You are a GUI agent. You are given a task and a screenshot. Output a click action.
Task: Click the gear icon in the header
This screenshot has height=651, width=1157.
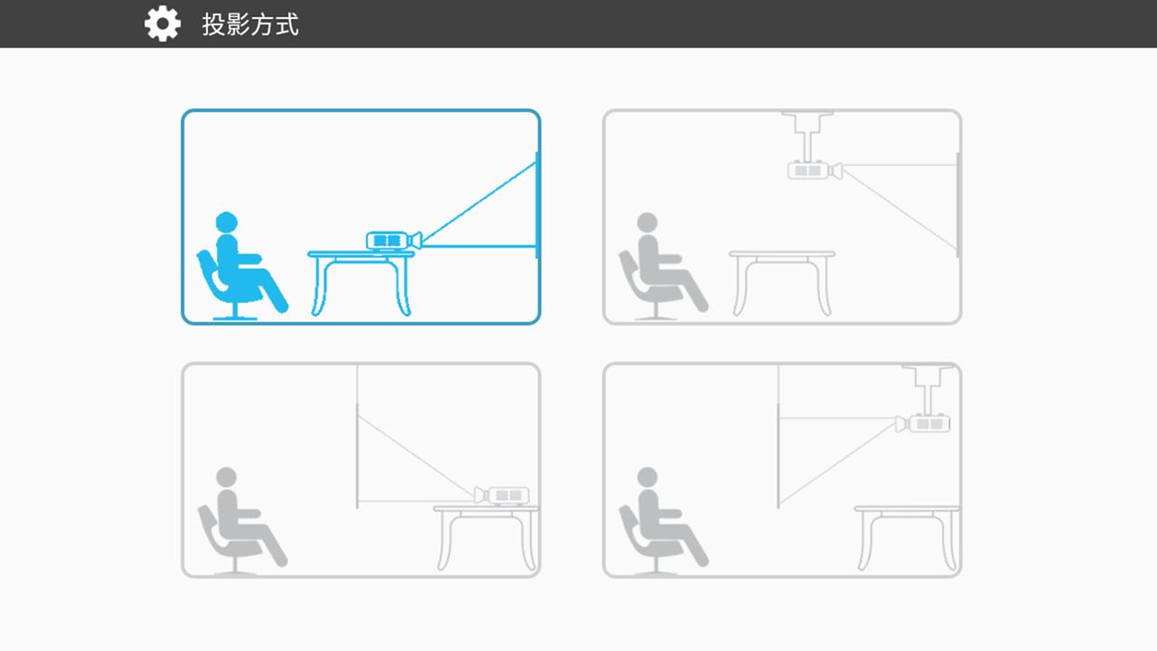(x=162, y=24)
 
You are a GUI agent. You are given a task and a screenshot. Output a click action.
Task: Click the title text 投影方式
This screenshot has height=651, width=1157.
(x=250, y=24)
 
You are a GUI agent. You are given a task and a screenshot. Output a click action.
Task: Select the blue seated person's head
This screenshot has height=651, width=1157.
(x=226, y=222)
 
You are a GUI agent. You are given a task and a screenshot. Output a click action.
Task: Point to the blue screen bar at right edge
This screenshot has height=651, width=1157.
(x=537, y=205)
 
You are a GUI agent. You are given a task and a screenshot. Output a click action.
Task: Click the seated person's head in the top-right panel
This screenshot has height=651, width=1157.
(x=647, y=222)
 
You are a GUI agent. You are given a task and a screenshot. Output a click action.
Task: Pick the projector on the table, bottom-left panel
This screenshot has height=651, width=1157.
(x=502, y=495)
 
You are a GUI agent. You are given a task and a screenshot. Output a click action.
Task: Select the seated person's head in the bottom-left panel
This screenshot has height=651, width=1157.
(x=226, y=477)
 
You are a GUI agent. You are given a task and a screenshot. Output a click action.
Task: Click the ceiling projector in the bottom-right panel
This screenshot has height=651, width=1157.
(x=923, y=424)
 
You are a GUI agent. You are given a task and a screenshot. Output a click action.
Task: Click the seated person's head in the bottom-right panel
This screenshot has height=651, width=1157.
(x=647, y=477)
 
